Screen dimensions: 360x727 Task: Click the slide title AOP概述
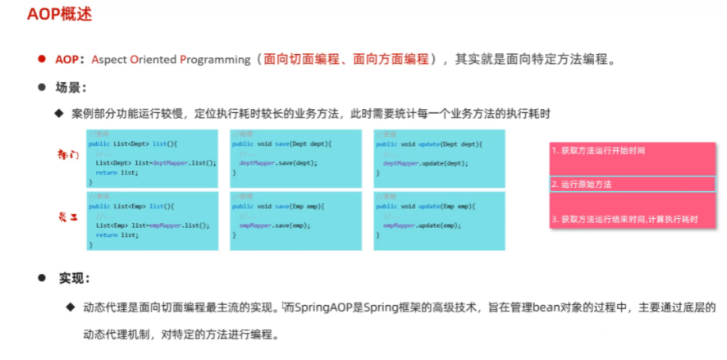[x=58, y=16]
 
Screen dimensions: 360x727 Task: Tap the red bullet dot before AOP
[x=40, y=59]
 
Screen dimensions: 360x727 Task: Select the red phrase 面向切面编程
[x=301, y=59]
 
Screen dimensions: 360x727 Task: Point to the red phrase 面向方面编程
[x=391, y=59]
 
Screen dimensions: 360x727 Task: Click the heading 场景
[x=71, y=87]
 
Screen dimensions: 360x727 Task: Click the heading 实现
[x=74, y=279]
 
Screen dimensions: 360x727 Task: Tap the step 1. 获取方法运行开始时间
[x=598, y=152]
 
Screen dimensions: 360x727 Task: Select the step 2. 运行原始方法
[x=582, y=185]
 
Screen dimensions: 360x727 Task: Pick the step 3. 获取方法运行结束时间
[x=624, y=219]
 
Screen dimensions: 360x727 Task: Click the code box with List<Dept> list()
[x=153, y=158]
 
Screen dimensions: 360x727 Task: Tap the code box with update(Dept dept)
[x=439, y=158]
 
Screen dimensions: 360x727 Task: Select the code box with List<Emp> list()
[x=153, y=220]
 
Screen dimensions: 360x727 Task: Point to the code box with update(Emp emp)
[x=439, y=220]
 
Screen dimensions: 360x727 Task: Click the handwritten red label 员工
[x=68, y=217]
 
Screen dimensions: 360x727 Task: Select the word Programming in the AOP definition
[x=215, y=59]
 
